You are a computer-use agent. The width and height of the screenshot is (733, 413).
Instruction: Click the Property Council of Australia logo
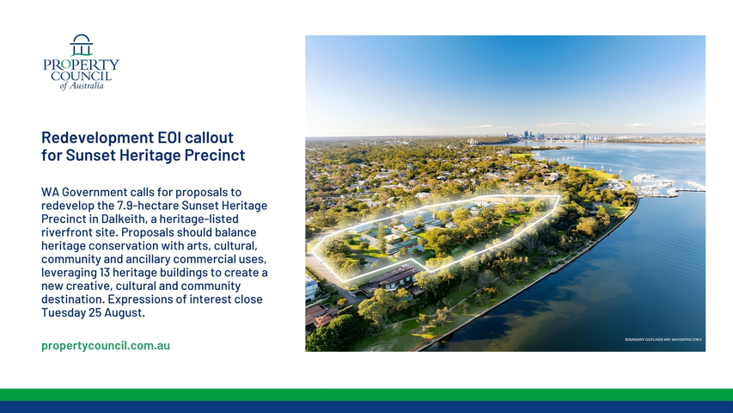click(81, 62)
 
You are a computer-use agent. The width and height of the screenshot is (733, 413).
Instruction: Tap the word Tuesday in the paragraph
click(63, 313)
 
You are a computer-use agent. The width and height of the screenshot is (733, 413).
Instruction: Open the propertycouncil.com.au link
click(106, 346)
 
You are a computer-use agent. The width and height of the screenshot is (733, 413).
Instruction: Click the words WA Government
click(84, 192)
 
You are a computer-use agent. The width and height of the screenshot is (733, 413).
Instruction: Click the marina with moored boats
click(659, 185)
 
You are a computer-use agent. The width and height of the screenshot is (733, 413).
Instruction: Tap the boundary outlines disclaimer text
click(663, 340)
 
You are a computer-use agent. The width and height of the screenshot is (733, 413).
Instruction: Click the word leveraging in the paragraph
click(68, 273)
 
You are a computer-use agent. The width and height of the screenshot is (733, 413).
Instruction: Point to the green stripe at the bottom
click(366, 395)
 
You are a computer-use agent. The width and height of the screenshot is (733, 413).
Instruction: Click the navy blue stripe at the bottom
click(366, 407)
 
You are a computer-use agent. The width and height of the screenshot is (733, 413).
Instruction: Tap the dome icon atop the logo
click(82, 45)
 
